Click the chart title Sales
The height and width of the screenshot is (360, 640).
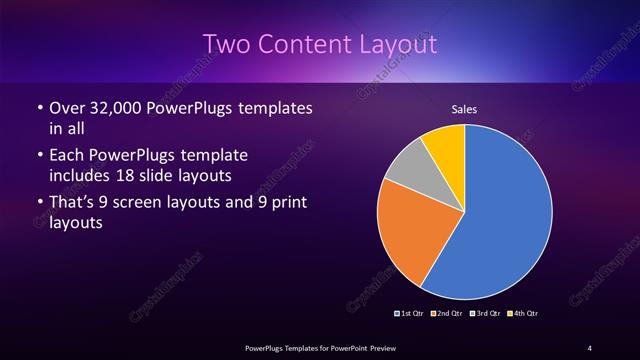(463, 109)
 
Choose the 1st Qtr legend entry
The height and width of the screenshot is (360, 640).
(409, 314)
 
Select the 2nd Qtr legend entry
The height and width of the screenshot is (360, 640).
(447, 314)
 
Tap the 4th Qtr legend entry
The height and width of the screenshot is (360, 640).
(522, 314)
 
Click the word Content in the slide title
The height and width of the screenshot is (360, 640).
(307, 45)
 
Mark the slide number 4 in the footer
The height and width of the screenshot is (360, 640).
(590, 347)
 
